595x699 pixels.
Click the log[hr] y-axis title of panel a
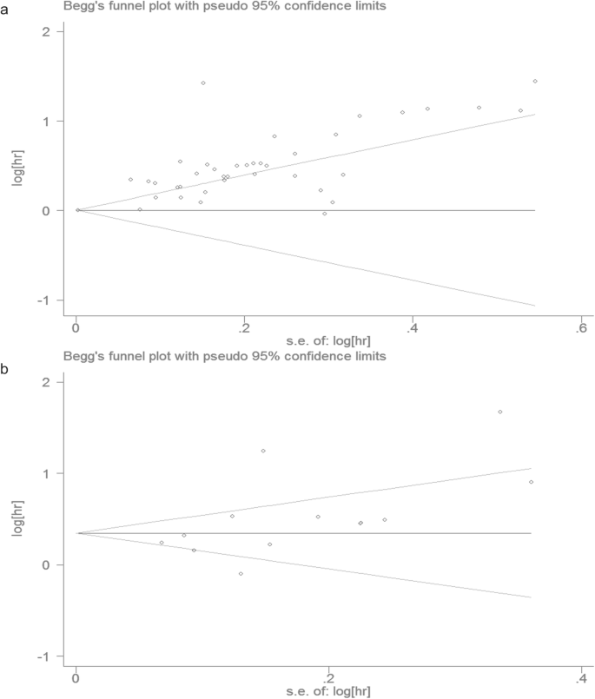coord(12,166)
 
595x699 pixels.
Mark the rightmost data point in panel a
coord(535,82)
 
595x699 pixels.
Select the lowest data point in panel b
coord(241,574)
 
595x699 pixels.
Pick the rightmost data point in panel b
coord(531,482)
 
